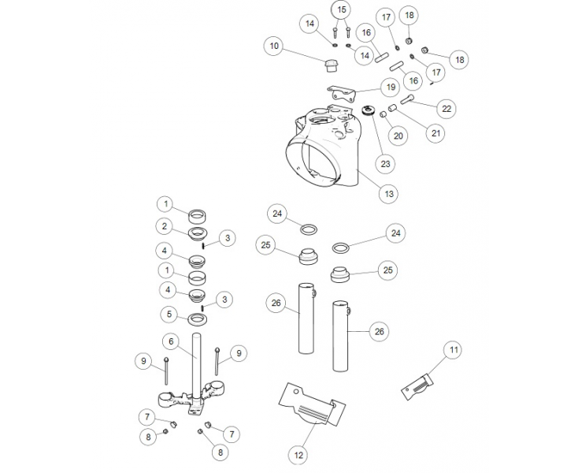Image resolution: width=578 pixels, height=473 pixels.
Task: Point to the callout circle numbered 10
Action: (x=274, y=47)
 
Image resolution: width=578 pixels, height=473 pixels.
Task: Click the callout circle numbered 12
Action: (x=298, y=454)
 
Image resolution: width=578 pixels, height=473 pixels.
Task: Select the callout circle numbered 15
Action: (x=340, y=9)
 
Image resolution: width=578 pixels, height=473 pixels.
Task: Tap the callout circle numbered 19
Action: (x=390, y=86)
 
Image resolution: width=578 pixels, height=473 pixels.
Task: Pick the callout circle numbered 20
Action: (x=398, y=136)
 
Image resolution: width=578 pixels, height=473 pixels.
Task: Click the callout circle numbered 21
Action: (x=435, y=133)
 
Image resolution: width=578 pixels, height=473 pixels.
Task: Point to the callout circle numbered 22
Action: (x=446, y=107)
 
